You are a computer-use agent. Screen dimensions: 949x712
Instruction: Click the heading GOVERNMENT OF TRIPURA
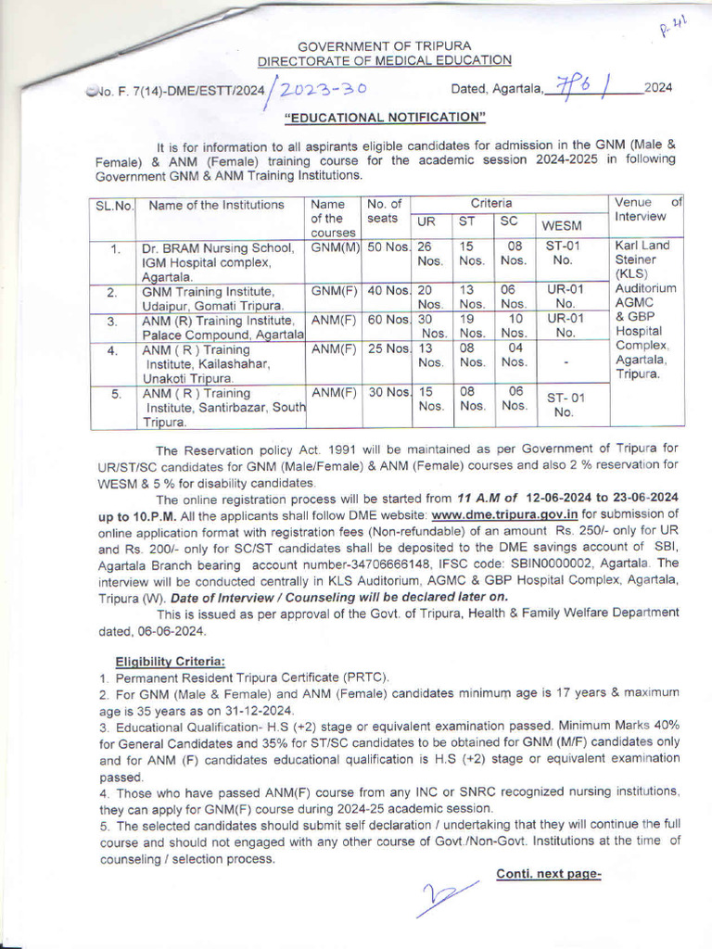pos(384,45)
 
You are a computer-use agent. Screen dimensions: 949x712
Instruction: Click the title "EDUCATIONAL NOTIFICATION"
pos(385,117)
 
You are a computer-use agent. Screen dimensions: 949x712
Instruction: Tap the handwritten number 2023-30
pos(323,89)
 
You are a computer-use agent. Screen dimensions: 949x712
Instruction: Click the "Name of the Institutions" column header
pos(216,205)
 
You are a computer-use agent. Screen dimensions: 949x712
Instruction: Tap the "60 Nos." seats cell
pos(388,319)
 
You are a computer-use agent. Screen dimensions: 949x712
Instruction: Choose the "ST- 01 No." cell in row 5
pos(563,405)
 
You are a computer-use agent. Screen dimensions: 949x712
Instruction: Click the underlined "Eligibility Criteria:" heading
pos(170,661)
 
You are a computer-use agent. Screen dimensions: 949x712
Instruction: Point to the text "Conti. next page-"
pos(549,873)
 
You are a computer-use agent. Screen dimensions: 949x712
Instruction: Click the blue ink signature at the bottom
pos(448,898)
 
